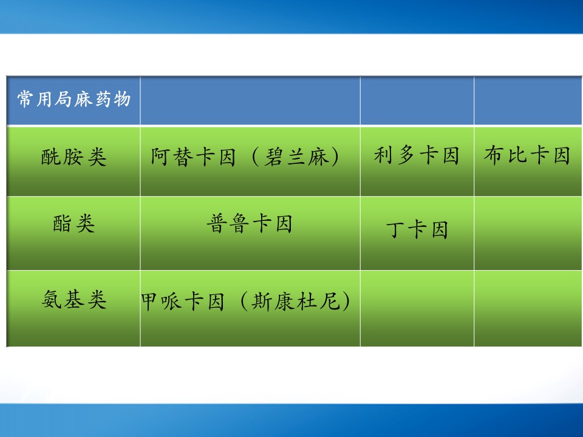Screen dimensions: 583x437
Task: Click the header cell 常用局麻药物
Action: click(73, 100)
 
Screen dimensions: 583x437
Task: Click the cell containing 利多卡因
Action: click(417, 161)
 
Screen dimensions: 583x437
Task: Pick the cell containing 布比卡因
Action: click(528, 161)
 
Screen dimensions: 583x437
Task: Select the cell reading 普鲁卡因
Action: click(250, 233)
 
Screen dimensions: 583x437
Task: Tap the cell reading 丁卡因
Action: click(417, 233)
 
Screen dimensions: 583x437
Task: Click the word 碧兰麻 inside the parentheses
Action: click(297, 157)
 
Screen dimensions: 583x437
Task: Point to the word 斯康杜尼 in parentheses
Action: click(296, 301)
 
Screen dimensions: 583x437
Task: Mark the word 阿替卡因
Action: click(193, 157)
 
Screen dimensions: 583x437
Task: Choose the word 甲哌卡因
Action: click(183, 301)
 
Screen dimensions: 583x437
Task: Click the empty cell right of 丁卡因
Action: click(528, 233)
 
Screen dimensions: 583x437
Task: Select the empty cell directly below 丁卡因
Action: click(417, 308)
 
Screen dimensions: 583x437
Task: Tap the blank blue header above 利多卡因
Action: click(417, 100)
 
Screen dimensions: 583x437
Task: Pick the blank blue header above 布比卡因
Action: click(528, 100)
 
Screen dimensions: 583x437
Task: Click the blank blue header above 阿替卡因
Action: click(250, 100)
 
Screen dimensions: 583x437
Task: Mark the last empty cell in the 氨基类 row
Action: click(528, 308)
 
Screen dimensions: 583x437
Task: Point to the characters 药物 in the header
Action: click(113, 99)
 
